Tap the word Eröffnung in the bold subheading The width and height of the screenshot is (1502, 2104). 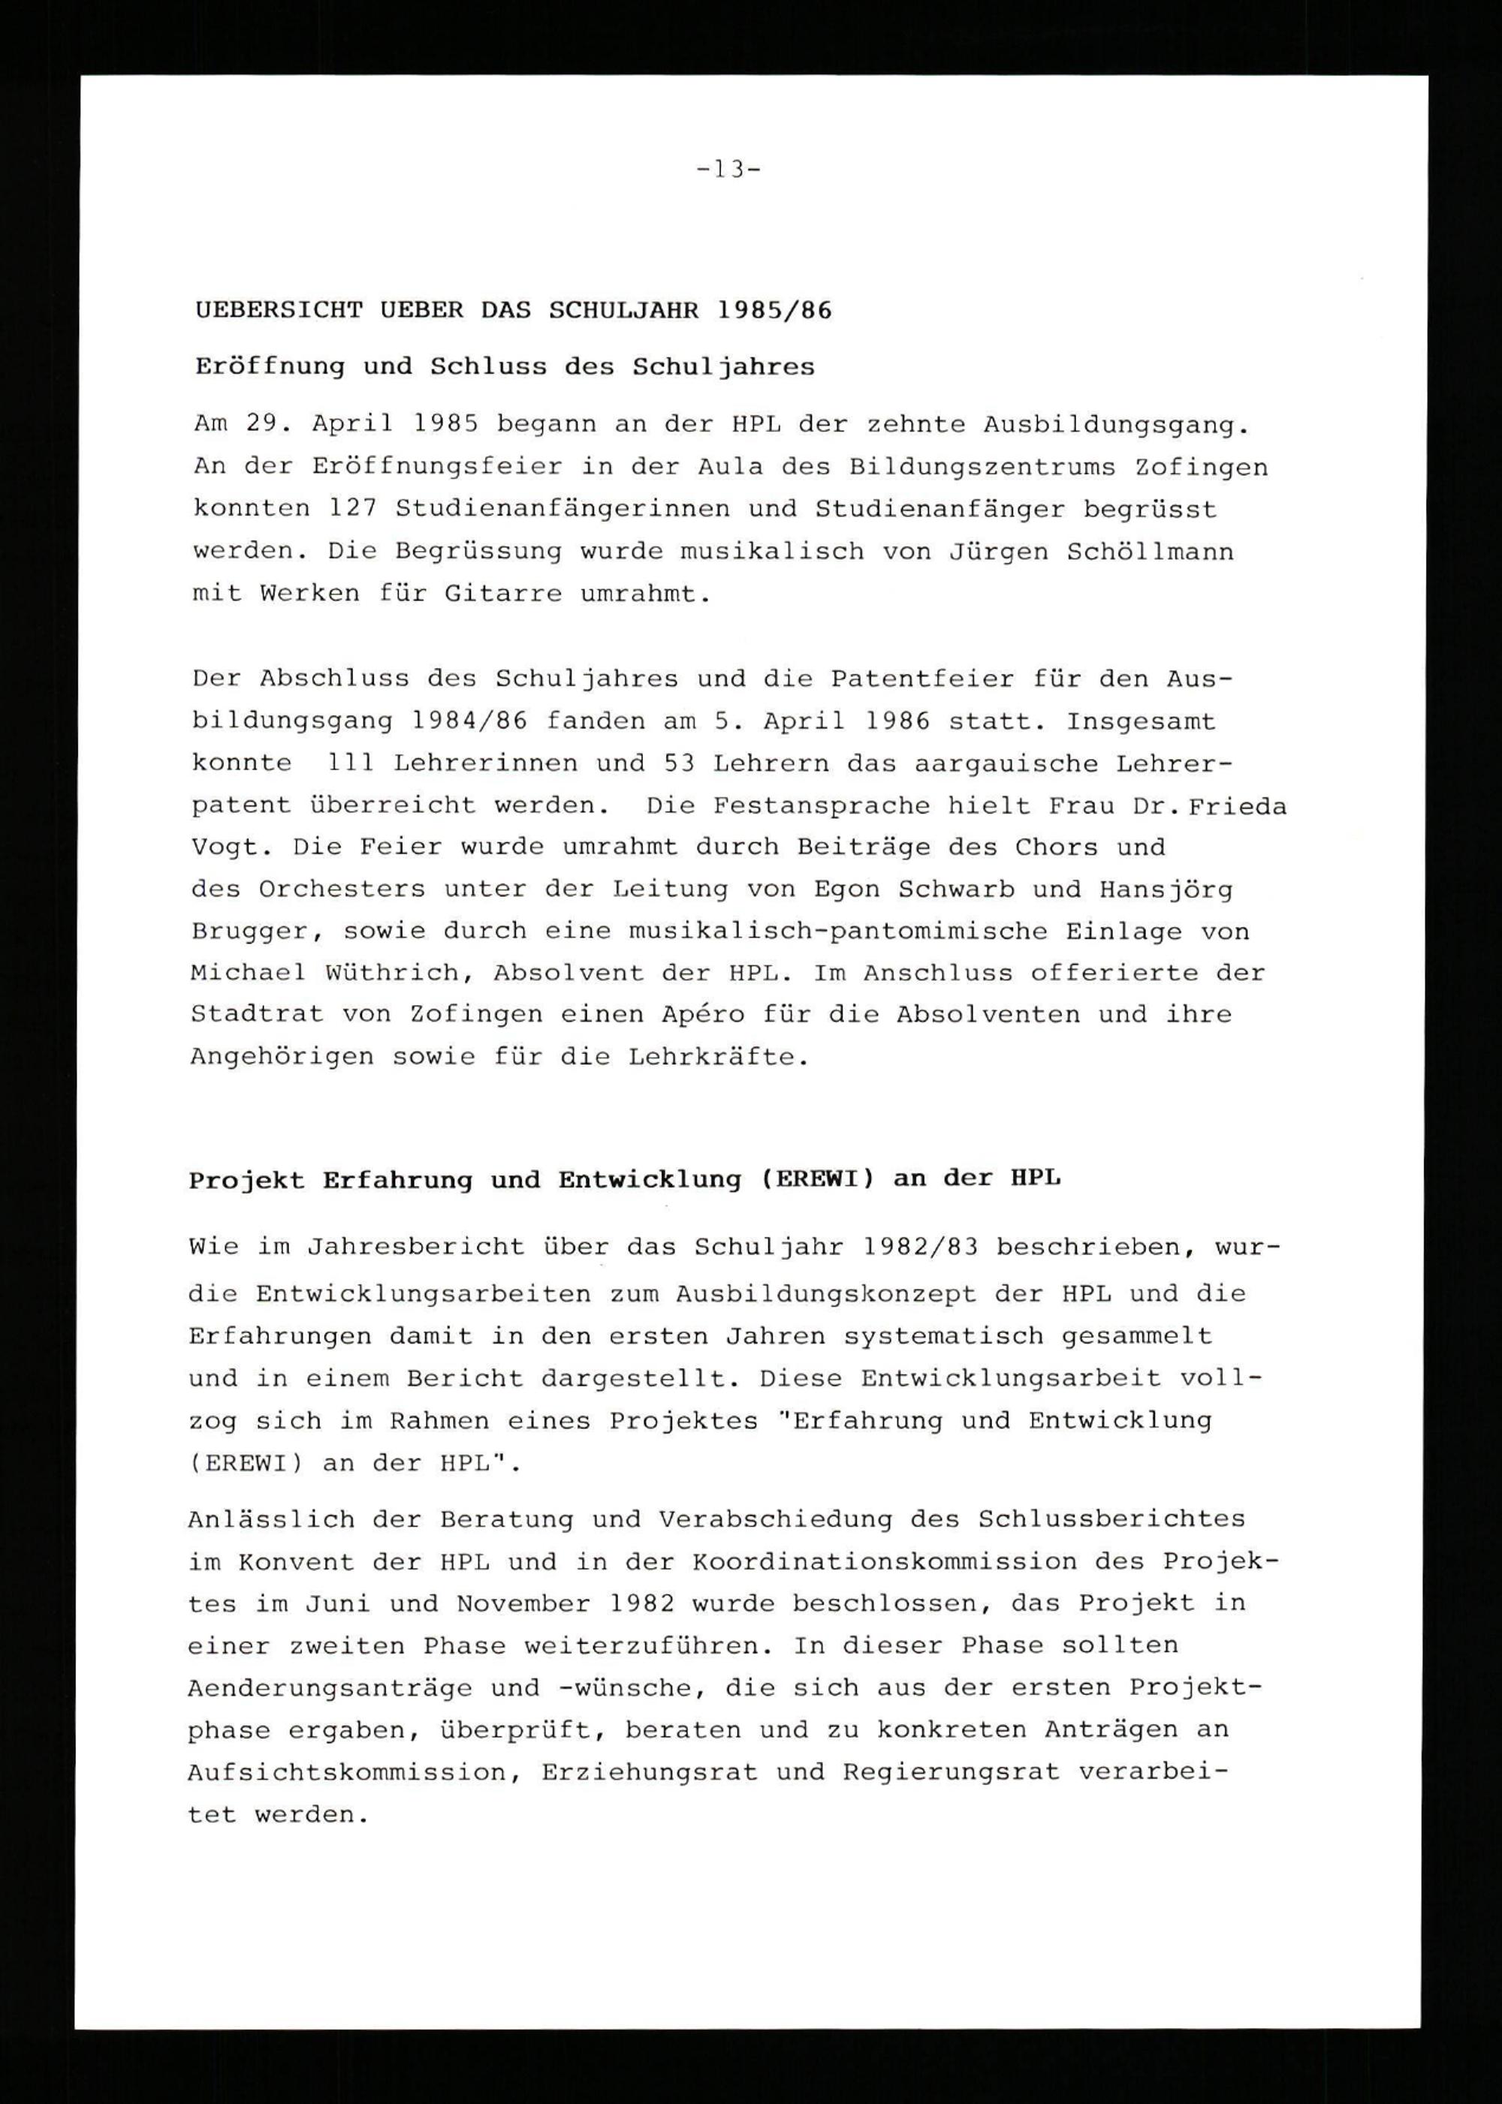(269, 366)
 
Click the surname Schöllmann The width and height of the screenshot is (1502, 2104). (1150, 551)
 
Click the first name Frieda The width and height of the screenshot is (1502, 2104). (1238, 805)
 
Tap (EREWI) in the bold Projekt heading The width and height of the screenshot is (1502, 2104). (816, 1178)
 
